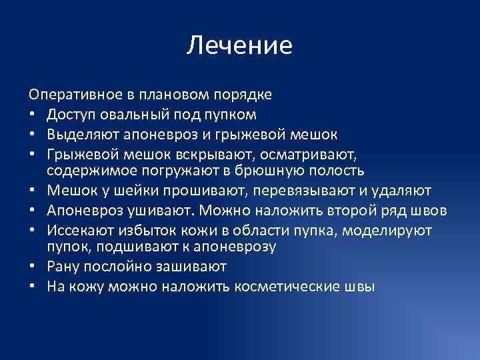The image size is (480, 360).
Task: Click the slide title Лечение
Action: (x=239, y=45)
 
